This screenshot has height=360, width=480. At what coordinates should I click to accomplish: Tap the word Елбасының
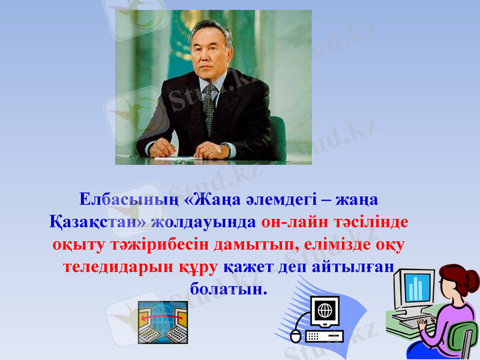pos(114,199)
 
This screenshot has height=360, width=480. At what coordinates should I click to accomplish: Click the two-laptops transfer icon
pos(163,322)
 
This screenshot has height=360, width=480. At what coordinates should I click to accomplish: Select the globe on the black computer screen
pos(325,310)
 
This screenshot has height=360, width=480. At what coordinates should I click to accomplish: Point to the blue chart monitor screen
pos(416,287)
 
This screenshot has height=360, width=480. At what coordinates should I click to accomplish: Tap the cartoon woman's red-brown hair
pos(462,282)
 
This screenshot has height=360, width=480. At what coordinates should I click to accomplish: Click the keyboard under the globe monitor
pos(323,336)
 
